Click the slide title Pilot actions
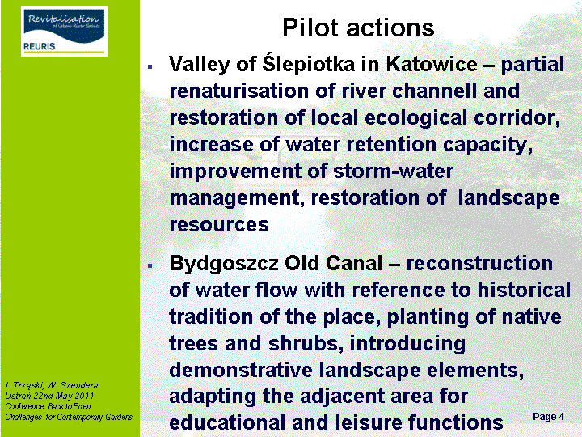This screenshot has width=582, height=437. (x=358, y=28)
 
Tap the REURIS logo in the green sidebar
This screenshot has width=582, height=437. (x=64, y=32)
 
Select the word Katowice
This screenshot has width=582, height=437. (x=432, y=64)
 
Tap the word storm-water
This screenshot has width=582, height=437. (x=393, y=172)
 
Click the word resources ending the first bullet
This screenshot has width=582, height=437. (x=219, y=225)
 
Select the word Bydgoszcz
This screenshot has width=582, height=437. (x=224, y=264)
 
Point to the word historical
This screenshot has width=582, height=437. (x=524, y=290)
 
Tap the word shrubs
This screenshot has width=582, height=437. (x=306, y=343)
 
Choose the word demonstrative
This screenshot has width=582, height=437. (x=241, y=370)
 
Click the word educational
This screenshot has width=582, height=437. (x=227, y=423)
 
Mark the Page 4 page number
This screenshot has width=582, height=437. (x=548, y=417)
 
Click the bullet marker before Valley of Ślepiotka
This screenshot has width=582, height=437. (x=150, y=67)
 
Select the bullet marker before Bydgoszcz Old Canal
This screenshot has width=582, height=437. (x=150, y=265)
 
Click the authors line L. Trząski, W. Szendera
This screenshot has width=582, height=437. (x=52, y=385)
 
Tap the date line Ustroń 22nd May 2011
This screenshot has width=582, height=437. (x=49, y=396)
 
